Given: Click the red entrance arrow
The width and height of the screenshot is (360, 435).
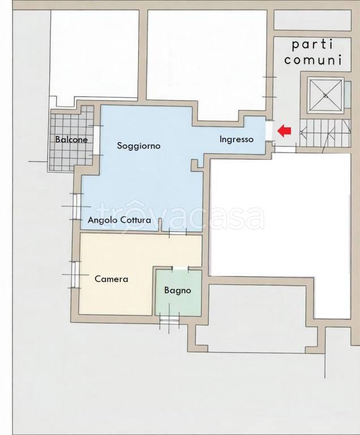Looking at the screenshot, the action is (x=284, y=131).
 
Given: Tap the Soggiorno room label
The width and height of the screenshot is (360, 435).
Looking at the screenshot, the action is (x=139, y=146).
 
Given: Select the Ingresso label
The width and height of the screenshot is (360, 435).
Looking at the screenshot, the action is (x=236, y=139).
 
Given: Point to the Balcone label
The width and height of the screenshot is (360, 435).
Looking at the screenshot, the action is (x=71, y=139).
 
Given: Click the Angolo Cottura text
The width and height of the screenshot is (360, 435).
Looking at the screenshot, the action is (x=119, y=220).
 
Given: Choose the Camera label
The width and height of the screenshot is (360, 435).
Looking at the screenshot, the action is (x=111, y=279).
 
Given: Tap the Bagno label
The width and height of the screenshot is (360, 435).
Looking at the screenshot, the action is (x=178, y=291).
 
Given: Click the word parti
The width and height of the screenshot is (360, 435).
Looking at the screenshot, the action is (x=312, y=45).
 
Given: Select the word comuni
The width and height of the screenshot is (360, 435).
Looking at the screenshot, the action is (x=313, y=60).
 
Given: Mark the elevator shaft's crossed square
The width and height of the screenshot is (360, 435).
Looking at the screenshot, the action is (x=325, y=96).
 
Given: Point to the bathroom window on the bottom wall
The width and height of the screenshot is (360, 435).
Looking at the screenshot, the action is (x=169, y=320).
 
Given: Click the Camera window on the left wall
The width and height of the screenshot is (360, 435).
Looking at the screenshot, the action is (x=75, y=275).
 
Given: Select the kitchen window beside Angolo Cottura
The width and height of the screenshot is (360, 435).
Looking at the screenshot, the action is (x=76, y=206).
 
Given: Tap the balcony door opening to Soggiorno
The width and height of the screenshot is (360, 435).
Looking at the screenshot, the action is (x=97, y=140).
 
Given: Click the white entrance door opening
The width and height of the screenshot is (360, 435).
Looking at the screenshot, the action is (x=268, y=131).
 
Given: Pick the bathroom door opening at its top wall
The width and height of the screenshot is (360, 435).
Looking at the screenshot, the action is (x=180, y=268).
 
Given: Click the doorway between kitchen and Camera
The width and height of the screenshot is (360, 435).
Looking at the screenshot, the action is (x=178, y=232).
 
